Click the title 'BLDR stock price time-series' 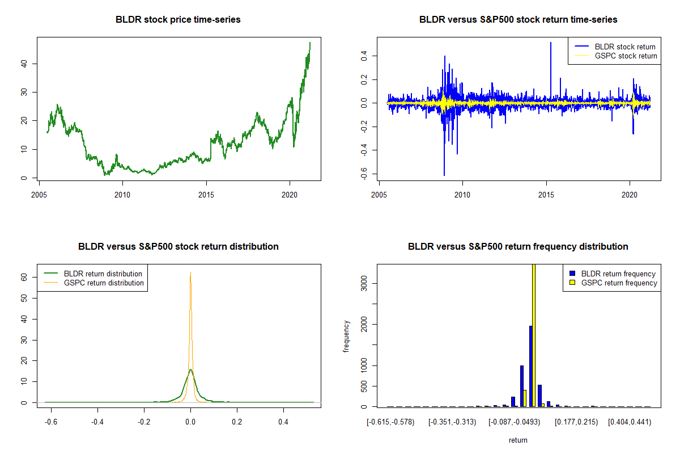click(178, 19)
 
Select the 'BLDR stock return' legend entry click(615, 47)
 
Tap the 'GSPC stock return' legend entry click(616, 56)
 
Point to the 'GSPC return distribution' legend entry click(94, 283)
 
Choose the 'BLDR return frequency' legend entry click(613, 274)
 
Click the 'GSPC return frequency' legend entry click(613, 283)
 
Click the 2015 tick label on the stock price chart click(206, 195)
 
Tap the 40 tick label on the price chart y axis click(24, 64)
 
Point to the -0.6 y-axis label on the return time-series click(364, 174)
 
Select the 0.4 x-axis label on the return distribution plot click(283, 422)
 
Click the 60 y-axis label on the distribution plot click(24, 277)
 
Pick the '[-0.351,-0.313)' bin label click(452, 422)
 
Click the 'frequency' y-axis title click(346, 337)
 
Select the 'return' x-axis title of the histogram click(518, 440)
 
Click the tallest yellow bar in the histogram click(534, 335)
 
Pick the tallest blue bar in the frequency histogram click(531, 366)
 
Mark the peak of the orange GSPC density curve click(190, 272)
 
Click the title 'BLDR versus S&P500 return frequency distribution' click(518, 246)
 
